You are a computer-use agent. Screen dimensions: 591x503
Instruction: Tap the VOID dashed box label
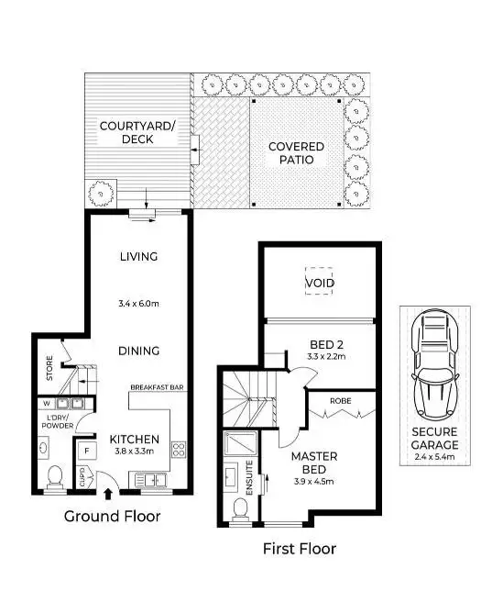click(319, 283)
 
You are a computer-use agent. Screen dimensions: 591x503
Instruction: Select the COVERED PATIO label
click(296, 152)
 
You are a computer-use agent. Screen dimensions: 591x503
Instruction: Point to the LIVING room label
click(138, 256)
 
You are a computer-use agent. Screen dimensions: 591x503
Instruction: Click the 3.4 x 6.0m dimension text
click(138, 303)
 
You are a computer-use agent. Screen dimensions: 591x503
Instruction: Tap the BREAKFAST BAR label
click(158, 387)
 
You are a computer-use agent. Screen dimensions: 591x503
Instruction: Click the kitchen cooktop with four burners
click(179, 450)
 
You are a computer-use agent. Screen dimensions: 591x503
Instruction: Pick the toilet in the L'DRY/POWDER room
click(55, 475)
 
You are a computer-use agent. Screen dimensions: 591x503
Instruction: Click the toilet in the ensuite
click(240, 507)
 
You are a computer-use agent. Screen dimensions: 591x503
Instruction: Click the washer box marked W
click(47, 402)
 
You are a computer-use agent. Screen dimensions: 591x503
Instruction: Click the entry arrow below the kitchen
click(109, 494)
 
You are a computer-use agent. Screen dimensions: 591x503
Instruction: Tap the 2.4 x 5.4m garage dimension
click(434, 455)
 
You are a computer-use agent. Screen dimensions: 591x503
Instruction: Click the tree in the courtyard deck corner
click(97, 195)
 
